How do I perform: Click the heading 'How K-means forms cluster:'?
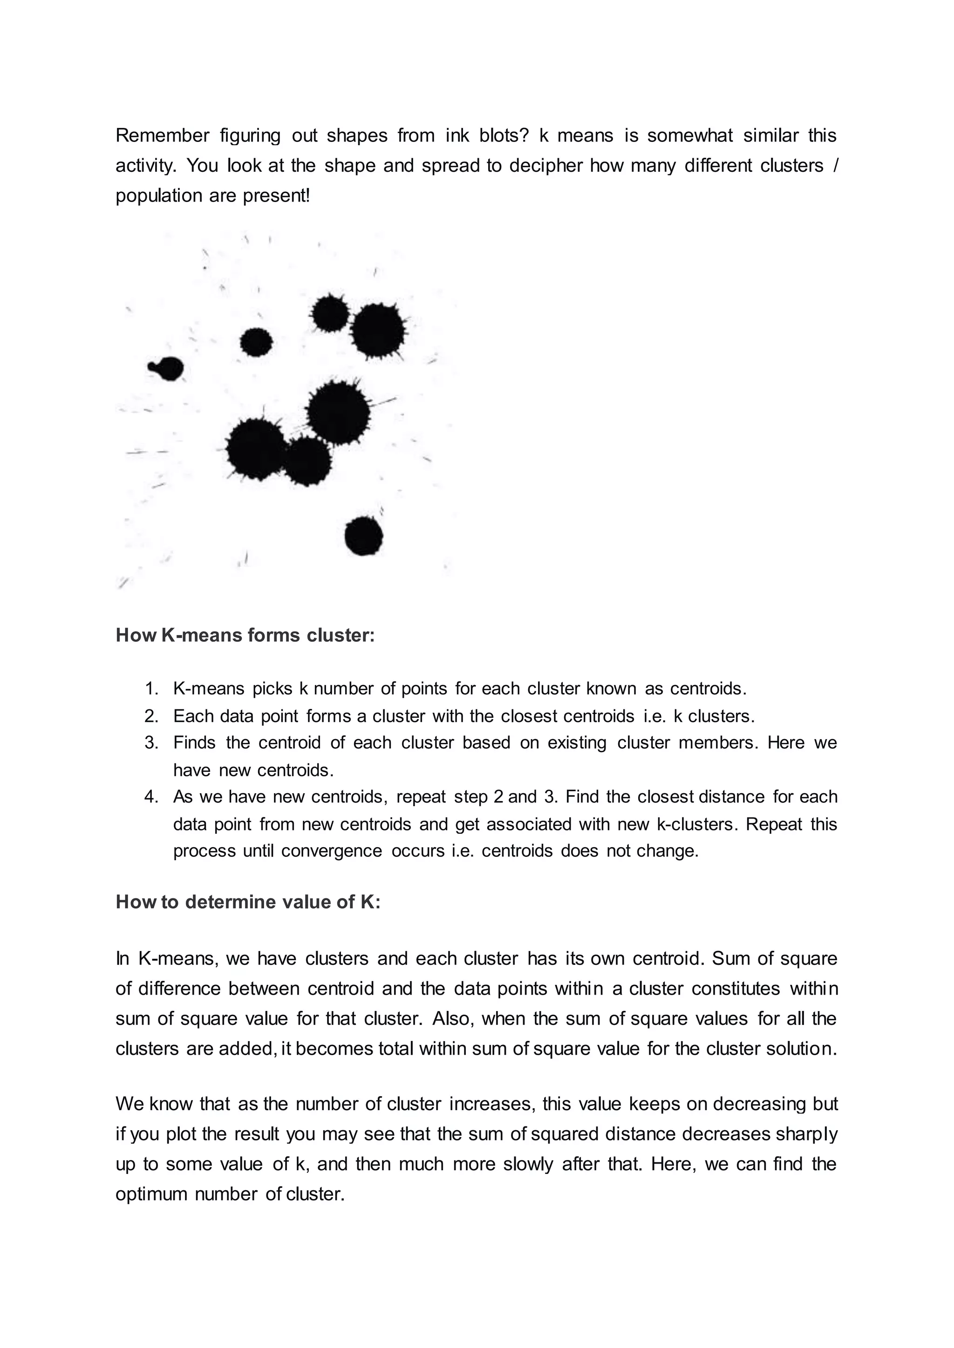click(x=245, y=635)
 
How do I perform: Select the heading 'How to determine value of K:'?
click(x=248, y=902)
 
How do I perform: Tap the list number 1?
click(x=151, y=689)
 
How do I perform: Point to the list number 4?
click(x=151, y=797)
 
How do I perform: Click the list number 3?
click(x=151, y=743)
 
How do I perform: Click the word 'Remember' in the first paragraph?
click(x=162, y=135)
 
